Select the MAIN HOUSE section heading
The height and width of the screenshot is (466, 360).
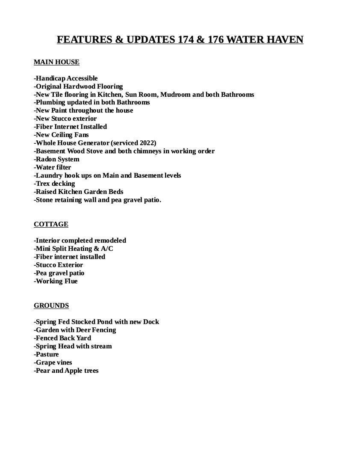tap(56, 62)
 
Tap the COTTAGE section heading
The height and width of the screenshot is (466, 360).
tap(51, 224)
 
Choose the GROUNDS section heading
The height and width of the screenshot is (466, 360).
tap(51, 306)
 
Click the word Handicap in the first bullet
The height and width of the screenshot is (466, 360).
tap(50, 78)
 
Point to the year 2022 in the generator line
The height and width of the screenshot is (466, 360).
tap(147, 143)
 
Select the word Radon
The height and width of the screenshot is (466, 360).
tap(45, 159)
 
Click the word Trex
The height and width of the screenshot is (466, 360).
tap(43, 184)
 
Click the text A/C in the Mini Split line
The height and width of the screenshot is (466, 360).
tap(107, 249)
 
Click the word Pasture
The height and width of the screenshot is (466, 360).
tap(47, 354)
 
